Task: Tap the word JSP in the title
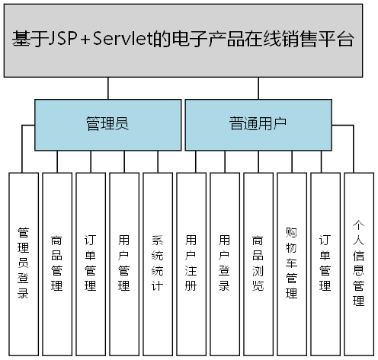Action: (x=62, y=40)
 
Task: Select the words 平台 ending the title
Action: (x=339, y=40)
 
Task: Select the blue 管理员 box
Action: (x=107, y=125)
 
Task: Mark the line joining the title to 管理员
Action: (x=107, y=89)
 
